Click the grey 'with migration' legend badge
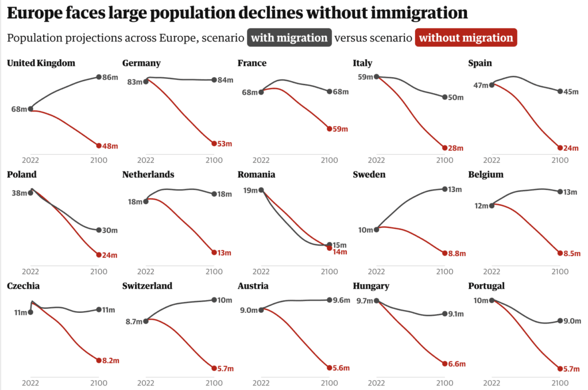[289, 38]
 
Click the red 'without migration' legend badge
[466, 38]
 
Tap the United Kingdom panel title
[41, 63]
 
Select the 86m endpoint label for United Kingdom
[110, 77]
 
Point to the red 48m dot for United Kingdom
[99, 146]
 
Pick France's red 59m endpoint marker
[330, 128]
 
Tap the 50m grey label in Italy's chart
[455, 97]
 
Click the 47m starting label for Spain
[480, 85]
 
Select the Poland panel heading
[22, 174]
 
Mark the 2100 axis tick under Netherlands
[214, 272]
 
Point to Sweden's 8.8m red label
[458, 253]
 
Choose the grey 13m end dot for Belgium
[560, 192]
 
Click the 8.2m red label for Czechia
[111, 361]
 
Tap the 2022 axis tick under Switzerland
[146, 383]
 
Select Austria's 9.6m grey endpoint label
[342, 300]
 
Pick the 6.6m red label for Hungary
[457, 364]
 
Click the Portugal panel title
[487, 286]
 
